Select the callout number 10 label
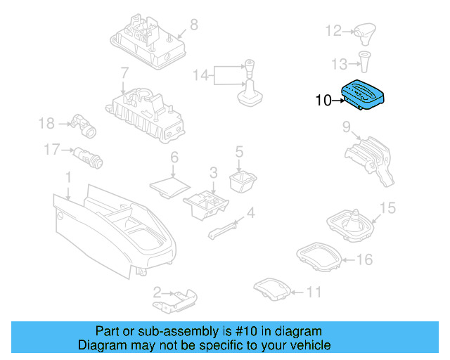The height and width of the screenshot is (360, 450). click(323, 101)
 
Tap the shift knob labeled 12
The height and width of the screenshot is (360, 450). click(365, 32)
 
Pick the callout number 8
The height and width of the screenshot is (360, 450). click(193, 25)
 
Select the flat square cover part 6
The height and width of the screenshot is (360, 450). click(169, 184)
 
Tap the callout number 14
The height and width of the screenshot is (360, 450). click(200, 75)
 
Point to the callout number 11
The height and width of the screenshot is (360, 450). click(314, 292)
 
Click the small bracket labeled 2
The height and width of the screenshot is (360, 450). click(176, 298)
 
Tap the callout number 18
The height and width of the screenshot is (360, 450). click(46, 124)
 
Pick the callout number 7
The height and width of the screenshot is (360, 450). click(124, 72)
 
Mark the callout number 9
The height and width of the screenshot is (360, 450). click(346, 127)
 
